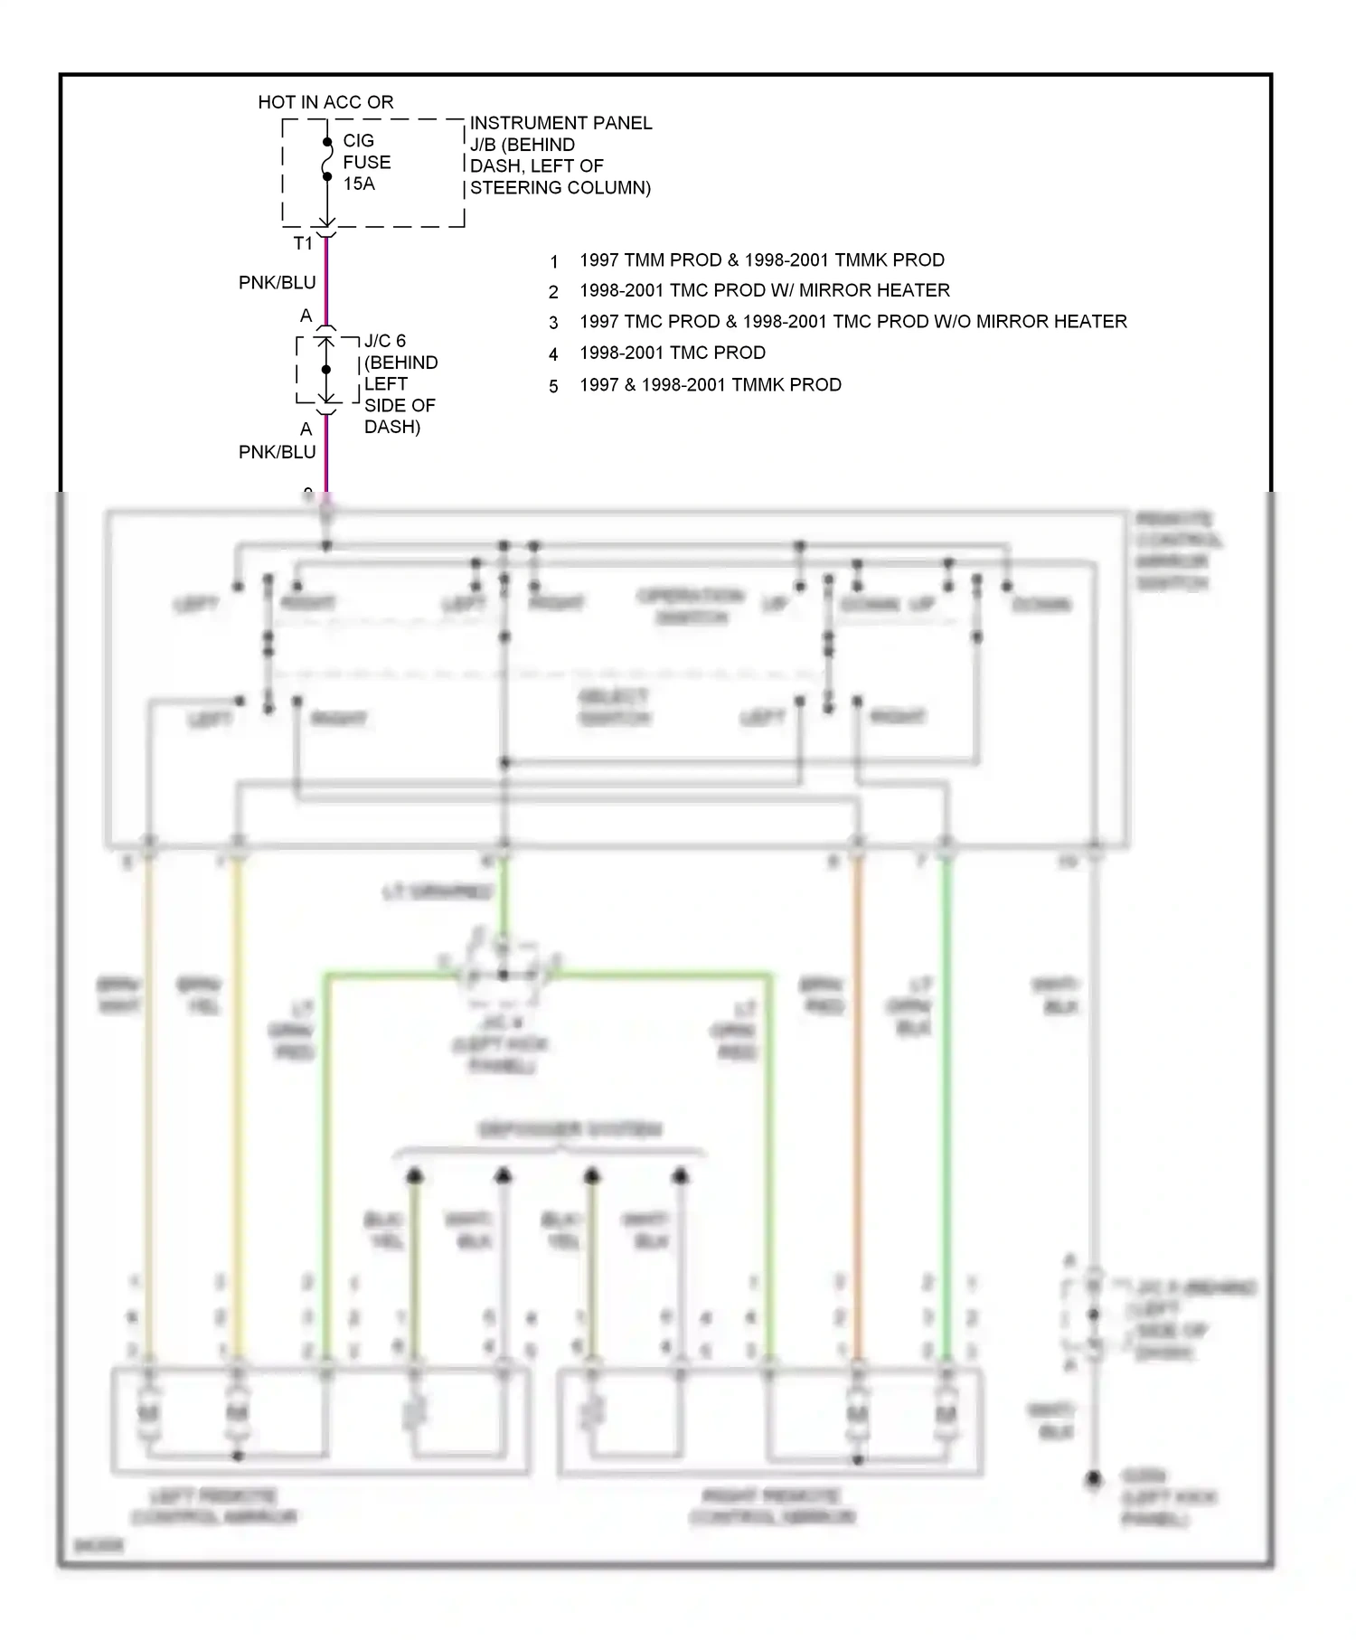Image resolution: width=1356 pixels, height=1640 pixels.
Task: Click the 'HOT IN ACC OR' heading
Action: tap(325, 102)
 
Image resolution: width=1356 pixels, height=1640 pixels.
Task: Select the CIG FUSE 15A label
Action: tap(366, 162)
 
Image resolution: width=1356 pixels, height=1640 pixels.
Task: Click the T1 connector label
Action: tap(303, 243)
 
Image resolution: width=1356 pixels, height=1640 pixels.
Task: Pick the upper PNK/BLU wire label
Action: tap(277, 283)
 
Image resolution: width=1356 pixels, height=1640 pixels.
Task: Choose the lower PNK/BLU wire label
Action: tap(277, 452)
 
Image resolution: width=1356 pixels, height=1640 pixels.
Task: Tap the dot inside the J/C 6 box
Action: tap(326, 370)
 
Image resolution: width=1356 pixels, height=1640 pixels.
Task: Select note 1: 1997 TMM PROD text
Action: tap(761, 260)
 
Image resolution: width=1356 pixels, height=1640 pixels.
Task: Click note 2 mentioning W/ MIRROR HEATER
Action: tap(764, 290)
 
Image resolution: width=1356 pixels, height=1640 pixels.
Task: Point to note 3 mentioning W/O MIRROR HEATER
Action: tap(852, 322)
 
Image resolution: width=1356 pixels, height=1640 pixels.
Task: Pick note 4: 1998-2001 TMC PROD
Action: tap(672, 353)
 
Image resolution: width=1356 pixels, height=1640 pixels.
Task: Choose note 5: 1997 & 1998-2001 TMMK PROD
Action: tap(710, 385)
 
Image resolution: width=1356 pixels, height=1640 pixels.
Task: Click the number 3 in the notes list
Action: tap(553, 323)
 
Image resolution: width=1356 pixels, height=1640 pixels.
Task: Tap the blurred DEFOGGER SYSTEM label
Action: tap(570, 1129)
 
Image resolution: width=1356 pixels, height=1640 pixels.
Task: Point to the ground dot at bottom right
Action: tap(1094, 1479)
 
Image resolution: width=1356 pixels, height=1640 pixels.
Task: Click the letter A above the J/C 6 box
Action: tap(306, 316)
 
